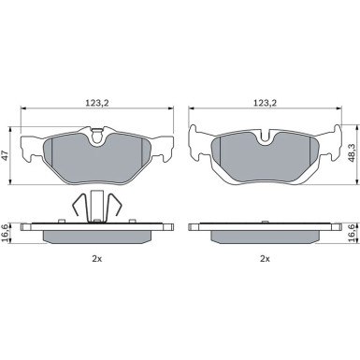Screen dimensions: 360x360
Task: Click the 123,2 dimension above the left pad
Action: (97, 103)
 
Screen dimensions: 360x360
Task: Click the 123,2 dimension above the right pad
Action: (265, 103)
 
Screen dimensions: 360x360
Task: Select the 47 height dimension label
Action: (5, 155)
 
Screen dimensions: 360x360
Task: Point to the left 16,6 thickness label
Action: (4, 233)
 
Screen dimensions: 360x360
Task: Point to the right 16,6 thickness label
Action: (352, 233)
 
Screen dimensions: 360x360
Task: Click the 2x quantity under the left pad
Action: (97, 259)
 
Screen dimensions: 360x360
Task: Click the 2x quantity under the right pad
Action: (265, 259)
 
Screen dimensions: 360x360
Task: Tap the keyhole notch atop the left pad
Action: (97, 137)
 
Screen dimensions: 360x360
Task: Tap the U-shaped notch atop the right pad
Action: (266, 137)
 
